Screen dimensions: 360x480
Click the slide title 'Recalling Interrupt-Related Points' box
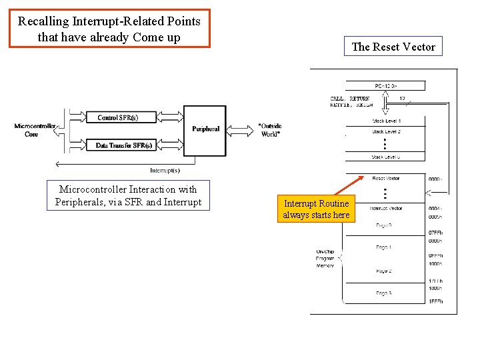[109, 29]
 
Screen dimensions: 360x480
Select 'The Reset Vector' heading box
[393, 47]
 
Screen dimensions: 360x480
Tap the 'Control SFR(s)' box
[117, 118]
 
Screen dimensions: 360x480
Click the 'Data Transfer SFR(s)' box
[123, 145]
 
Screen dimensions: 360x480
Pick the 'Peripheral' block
[205, 129]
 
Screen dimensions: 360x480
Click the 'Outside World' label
[269, 129]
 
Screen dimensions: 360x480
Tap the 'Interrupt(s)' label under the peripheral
[165, 170]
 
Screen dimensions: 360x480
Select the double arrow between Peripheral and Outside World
[241, 129]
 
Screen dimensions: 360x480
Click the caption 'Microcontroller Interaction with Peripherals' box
[128, 196]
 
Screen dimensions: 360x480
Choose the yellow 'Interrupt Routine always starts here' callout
[316, 209]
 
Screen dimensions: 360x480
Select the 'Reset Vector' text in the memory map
[386, 179]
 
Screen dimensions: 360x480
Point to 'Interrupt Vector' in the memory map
[386, 209]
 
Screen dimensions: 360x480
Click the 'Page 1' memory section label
[383, 247]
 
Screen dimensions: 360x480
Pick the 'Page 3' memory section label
[383, 293]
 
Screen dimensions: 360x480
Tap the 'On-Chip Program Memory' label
[325, 259]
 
